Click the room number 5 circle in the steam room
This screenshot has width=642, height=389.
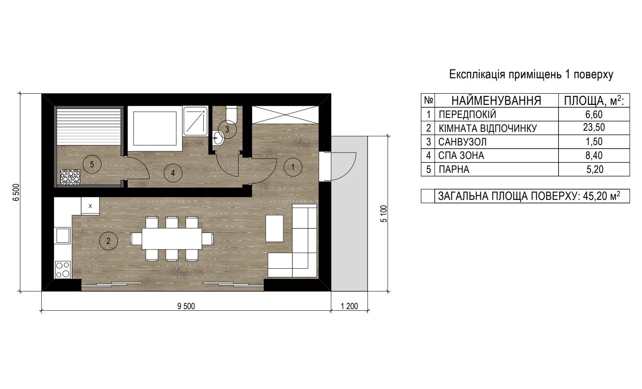point(92,164)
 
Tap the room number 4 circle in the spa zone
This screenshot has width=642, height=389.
point(173,173)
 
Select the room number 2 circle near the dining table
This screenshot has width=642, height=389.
point(108,241)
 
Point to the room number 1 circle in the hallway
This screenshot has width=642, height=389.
point(293,167)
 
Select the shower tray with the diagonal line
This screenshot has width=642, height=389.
point(195,121)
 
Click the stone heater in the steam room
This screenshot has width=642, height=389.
point(70,177)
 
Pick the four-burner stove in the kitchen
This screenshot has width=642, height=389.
point(63,269)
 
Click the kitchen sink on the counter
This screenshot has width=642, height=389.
point(62,235)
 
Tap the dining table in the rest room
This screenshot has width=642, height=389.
point(172,239)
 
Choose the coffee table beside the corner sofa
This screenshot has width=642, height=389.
point(274,228)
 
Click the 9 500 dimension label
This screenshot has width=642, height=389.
point(186,306)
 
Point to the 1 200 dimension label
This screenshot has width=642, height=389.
point(349,306)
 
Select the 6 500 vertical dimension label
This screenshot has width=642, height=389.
point(16,192)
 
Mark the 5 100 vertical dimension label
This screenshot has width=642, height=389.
point(384,213)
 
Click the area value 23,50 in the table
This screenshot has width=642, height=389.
point(594,128)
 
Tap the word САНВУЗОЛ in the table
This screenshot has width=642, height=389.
point(462,142)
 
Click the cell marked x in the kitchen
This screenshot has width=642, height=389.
point(90,206)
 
